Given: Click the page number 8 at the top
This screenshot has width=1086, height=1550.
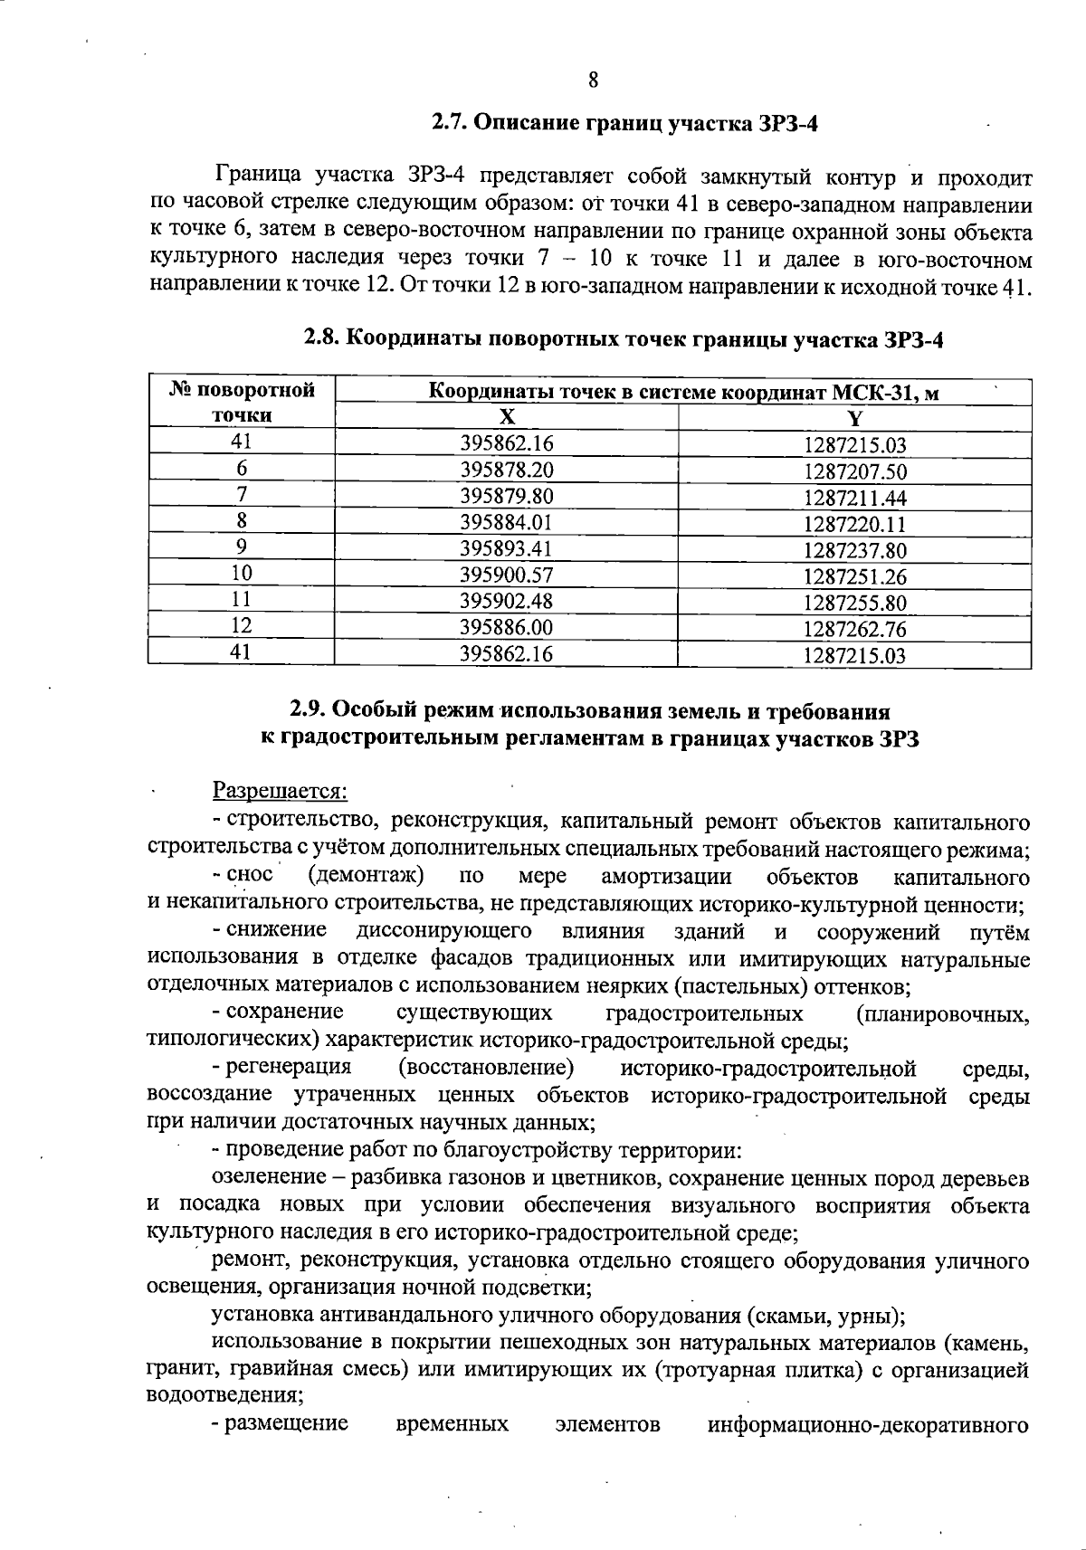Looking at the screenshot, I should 593,81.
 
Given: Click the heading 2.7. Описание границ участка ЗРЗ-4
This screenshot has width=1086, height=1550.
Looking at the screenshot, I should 624,122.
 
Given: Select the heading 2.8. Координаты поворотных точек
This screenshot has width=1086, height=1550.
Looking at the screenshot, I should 624,339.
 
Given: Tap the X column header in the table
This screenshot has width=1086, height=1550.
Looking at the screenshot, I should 507,417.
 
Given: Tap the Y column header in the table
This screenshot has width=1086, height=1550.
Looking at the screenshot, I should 854,418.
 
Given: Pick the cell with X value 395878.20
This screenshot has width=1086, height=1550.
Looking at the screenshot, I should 507,470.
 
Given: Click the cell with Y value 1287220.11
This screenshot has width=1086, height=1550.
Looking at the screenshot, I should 854,524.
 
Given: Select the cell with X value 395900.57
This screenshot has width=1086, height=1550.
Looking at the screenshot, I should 507,575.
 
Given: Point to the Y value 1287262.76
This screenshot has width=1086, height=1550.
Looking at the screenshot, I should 854,629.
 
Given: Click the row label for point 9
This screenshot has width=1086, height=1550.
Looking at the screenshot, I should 242,547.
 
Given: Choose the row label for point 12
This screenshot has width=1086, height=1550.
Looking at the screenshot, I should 242,625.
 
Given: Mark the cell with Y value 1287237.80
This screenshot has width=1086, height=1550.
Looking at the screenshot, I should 854,550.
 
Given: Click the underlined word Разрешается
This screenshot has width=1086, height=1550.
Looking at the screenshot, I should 280,791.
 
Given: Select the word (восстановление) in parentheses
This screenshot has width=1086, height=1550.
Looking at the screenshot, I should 486,1068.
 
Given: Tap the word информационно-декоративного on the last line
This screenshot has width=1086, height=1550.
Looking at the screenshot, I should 868,1423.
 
